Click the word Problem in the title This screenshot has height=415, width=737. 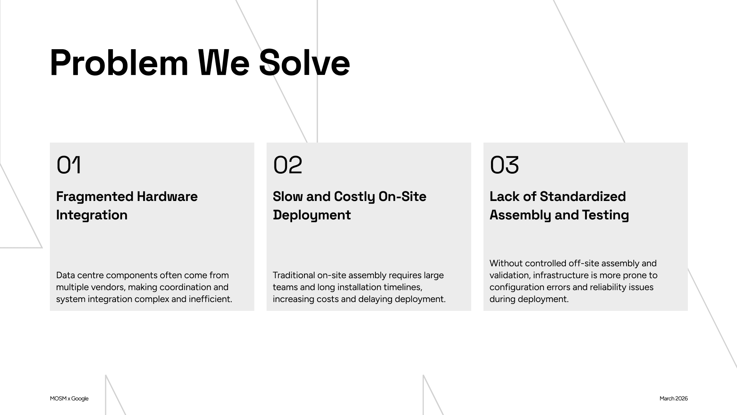pos(119,63)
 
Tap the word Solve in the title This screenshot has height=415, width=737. pos(304,63)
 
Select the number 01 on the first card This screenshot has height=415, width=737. pos(69,165)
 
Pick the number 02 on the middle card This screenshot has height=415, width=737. pos(288,165)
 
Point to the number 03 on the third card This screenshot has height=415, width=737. pos(504,165)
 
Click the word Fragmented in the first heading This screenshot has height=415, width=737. pos(94,197)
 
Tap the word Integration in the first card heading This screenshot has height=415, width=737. pos(92,215)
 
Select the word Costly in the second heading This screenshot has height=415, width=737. pos(354,197)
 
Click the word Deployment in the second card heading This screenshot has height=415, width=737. pos(312,215)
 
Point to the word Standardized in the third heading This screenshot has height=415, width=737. pos(583,197)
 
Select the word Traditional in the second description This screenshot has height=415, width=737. pos(294,275)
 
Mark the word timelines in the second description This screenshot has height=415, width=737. pos(403,287)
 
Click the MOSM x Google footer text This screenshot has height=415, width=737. pos(69,398)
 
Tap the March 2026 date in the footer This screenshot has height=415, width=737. pos(674,398)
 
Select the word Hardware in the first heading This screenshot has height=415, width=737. pos(167,197)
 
